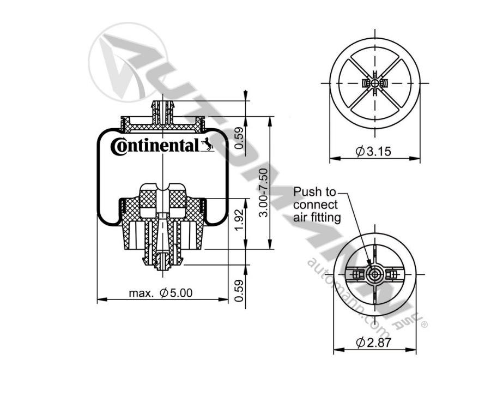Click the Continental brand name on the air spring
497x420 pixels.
click(x=155, y=146)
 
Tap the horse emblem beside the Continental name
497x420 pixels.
click(x=208, y=145)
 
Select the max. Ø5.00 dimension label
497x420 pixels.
click(x=161, y=293)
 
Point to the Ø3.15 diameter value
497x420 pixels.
click(x=374, y=152)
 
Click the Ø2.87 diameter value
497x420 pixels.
click(x=374, y=343)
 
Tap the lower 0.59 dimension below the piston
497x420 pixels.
click(x=239, y=291)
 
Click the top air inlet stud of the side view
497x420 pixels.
click(x=163, y=106)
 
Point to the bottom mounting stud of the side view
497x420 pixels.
click(x=163, y=262)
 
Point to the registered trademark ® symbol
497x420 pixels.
click(x=425, y=325)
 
